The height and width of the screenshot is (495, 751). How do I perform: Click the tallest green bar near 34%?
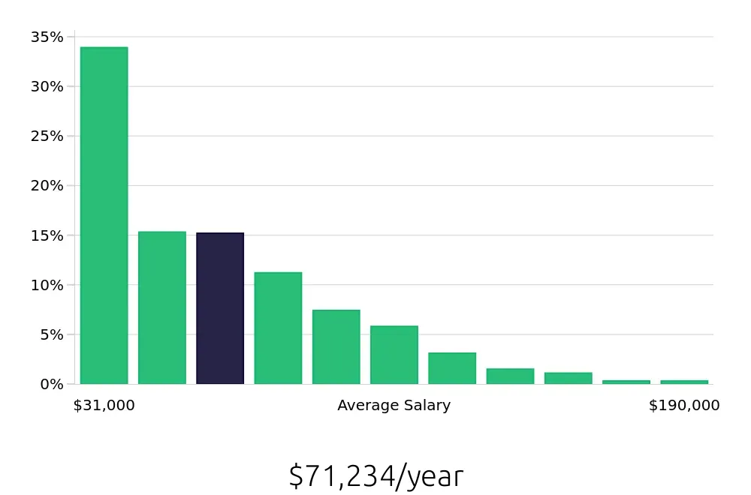(104, 215)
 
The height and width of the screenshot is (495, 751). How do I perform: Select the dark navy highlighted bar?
(220, 308)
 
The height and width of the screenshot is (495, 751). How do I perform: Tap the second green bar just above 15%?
(162, 307)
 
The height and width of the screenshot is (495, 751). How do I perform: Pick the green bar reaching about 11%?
(278, 328)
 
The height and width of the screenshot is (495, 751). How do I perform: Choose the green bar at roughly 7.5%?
(336, 346)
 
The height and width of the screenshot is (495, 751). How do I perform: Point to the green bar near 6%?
(394, 355)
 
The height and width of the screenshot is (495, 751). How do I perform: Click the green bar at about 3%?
(452, 368)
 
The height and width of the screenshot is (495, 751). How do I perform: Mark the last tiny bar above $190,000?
(684, 382)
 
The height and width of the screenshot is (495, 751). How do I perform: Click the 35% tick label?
(47, 37)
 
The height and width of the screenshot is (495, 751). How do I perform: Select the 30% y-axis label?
(47, 86)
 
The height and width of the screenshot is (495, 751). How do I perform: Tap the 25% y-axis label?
(47, 136)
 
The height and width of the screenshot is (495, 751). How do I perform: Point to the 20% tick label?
(47, 185)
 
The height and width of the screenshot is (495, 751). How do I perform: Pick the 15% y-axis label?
(47, 235)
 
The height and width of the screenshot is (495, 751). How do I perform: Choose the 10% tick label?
(47, 285)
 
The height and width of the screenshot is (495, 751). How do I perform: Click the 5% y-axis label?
(51, 334)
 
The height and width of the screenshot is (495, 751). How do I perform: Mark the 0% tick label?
(51, 384)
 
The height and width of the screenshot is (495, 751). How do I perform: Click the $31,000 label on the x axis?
(104, 406)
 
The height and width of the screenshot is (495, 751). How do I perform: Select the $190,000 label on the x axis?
(684, 406)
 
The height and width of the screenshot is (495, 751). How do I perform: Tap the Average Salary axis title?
(394, 406)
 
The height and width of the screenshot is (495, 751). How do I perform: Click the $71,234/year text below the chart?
(375, 476)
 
